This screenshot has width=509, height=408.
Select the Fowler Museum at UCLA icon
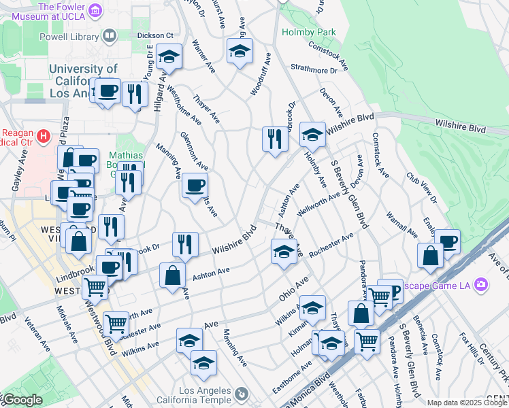96,10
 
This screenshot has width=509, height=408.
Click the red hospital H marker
44,137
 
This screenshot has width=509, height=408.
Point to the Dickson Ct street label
155,35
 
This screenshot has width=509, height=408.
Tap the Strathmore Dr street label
314,69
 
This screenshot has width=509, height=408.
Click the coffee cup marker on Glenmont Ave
195,185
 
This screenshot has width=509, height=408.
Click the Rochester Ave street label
331,245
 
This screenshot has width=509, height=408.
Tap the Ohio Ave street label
294,289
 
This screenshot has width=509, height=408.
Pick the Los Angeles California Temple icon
240,394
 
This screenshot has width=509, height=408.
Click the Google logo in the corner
22,400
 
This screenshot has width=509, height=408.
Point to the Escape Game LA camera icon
482,284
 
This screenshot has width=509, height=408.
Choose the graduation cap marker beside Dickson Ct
169,57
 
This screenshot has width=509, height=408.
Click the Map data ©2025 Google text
467,403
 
